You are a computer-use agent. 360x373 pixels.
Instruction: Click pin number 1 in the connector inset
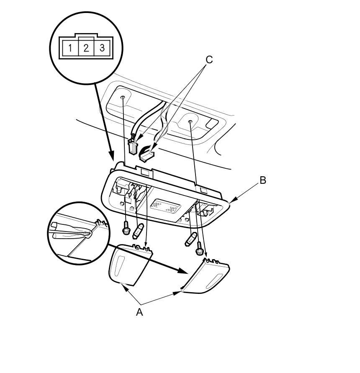click(x=70, y=48)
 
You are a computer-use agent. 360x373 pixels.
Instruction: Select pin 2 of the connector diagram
click(x=86, y=48)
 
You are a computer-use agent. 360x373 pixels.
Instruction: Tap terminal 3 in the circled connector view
click(x=102, y=48)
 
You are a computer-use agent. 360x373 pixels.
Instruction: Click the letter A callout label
click(x=139, y=312)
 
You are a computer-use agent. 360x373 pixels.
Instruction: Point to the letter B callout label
click(x=263, y=180)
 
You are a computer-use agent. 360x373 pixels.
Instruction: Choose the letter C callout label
click(x=209, y=60)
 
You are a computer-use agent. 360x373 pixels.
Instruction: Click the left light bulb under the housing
click(x=139, y=230)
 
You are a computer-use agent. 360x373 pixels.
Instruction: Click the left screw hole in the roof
click(x=123, y=98)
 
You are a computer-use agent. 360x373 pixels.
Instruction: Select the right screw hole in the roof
click(x=190, y=122)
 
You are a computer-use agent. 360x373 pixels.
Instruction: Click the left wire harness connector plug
click(x=133, y=146)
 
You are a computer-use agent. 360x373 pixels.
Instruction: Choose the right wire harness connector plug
click(x=147, y=154)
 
